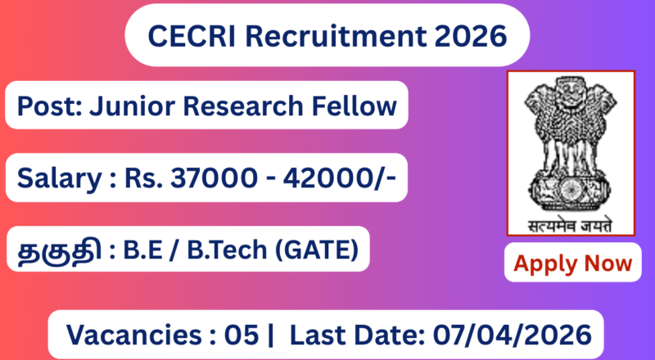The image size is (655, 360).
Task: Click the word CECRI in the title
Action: tap(185, 36)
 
